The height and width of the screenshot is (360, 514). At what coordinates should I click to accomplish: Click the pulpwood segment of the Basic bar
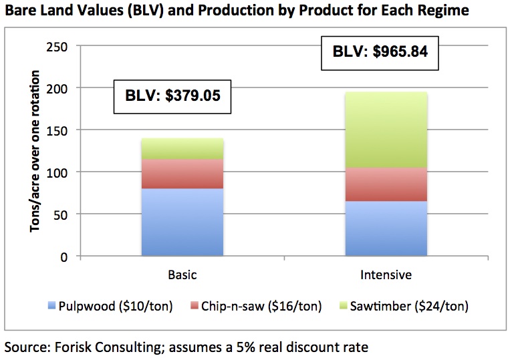pyautogui.click(x=182, y=222)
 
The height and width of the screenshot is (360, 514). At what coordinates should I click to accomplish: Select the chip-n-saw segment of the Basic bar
pyautogui.click(x=182, y=174)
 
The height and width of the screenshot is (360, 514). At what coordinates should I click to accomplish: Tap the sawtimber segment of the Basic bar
pyautogui.click(x=182, y=148)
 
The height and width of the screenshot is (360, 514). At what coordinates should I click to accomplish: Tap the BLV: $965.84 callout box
pyautogui.click(x=380, y=52)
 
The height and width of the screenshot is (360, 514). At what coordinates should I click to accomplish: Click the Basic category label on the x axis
pyautogui.click(x=182, y=275)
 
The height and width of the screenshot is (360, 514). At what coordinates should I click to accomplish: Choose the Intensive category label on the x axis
pyautogui.click(x=386, y=275)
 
